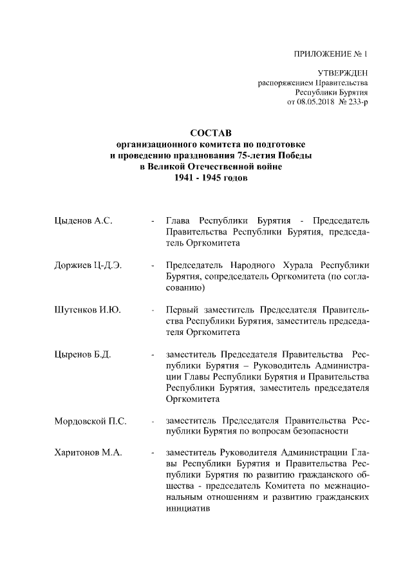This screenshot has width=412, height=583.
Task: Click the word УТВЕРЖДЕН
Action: tap(343, 74)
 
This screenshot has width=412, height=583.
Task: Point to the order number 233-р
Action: tap(357, 103)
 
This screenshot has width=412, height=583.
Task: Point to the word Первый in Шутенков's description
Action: tap(181, 310)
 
